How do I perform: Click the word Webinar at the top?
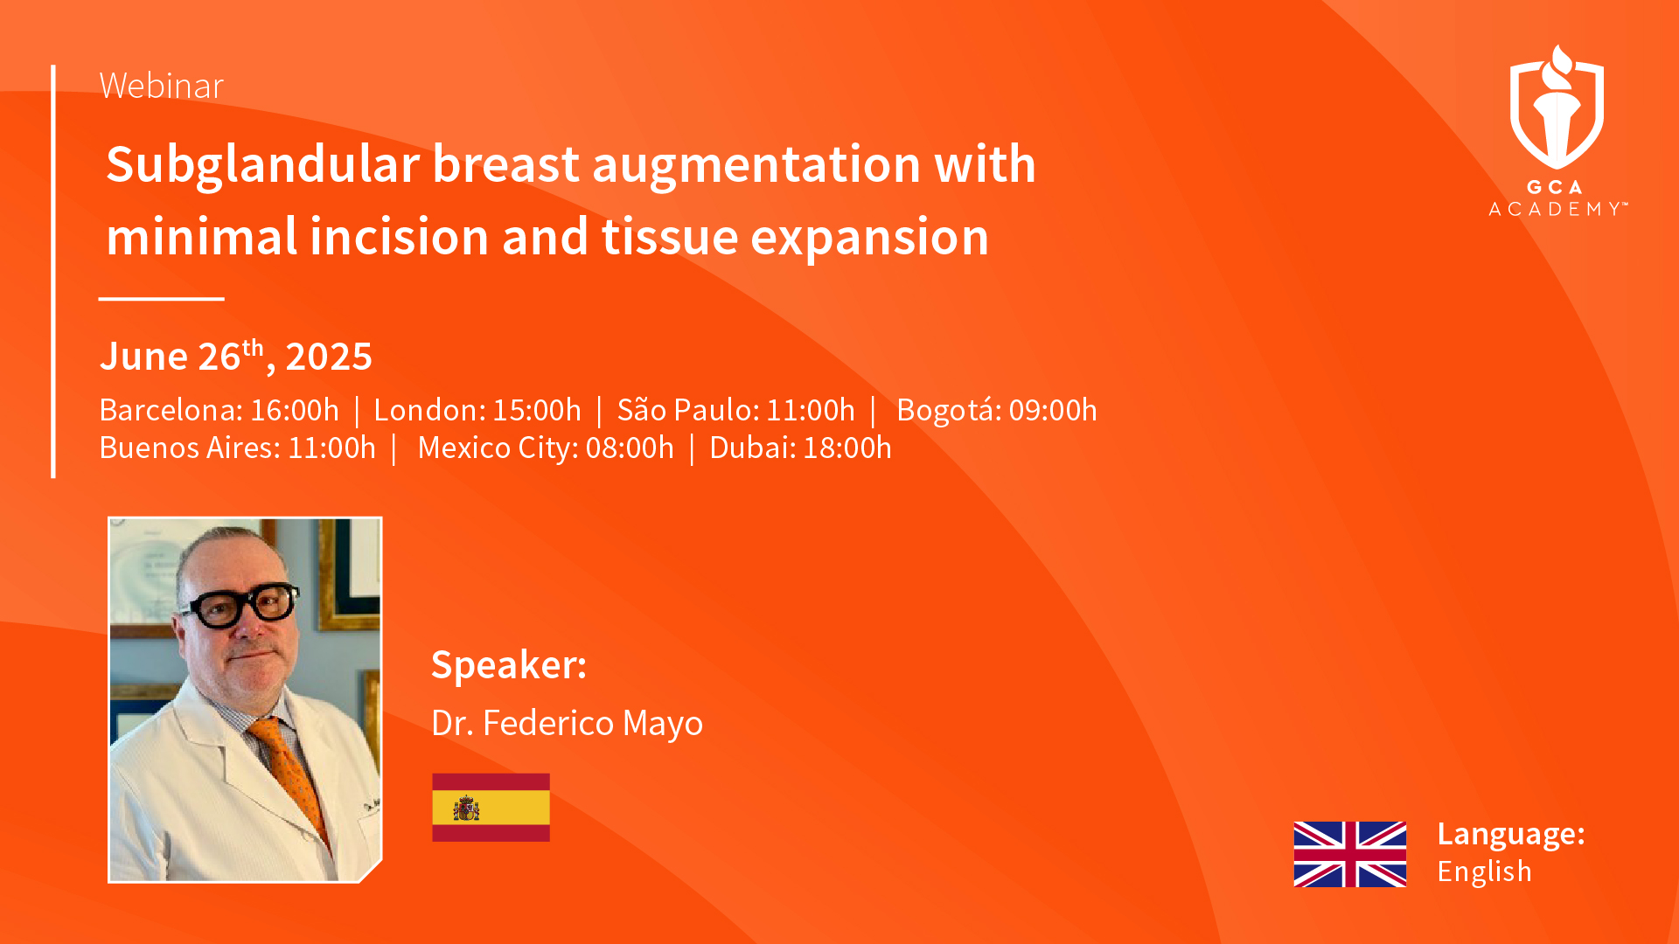click(162, 86)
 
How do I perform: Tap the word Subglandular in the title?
click(262, 166)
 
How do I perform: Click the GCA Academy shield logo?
click(1557, 108)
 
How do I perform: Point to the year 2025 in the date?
click(329, 357)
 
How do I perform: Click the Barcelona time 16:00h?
click(295, 410)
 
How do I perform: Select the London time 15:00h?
click(537, 410)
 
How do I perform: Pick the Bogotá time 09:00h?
click(1053, 410)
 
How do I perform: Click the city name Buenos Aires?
click(190, 448)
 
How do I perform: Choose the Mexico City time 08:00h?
click(630, 448)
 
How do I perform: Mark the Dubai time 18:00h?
click(847, 448)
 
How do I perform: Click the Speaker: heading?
click(509, 666)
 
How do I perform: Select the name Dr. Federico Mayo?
click(567, 724)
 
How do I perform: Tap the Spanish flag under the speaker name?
click(491, 808)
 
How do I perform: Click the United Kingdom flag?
click(1350, 854)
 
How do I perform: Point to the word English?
click(1484, 871)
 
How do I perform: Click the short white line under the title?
click(162, 299)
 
